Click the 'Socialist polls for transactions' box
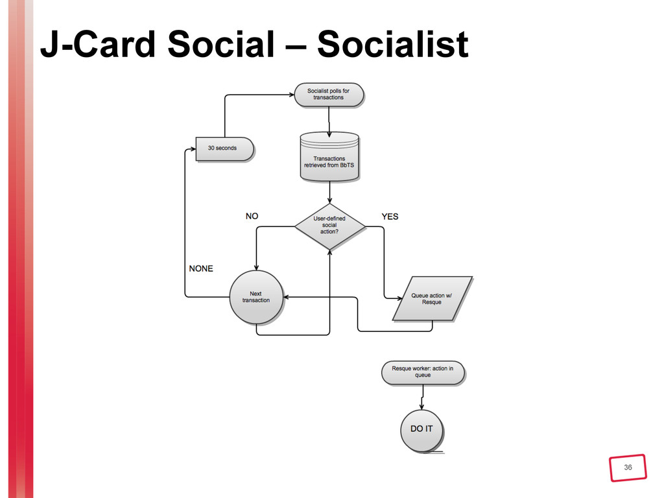(x=328, y=94)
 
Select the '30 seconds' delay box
(x=222, y=148)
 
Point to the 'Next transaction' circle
(x=255, y=297)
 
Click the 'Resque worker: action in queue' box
(x=422, y=372)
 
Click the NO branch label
(x=252, y=216)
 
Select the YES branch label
(x=390, y=216)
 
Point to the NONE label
(x=200, y=268)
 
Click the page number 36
(x=627, y=468)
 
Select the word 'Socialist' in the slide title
(x=393, y=44)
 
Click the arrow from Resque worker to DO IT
(x=423, y=396)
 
